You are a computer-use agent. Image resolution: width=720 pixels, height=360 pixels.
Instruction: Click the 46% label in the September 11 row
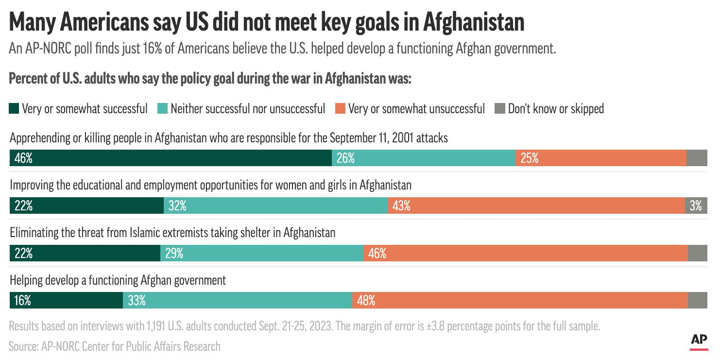(x=23, y=158)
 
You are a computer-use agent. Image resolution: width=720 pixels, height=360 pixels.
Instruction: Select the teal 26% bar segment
(x=423, y=158)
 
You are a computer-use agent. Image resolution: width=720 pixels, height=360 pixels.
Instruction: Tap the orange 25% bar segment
(x=600, y=158)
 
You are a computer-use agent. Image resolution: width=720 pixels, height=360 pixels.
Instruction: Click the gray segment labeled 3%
(x=696, y=206)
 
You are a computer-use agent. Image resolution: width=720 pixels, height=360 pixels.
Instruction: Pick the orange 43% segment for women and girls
(x=536, y=206)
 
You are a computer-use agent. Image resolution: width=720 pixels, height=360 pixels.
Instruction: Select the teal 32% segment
(x=275, y=206)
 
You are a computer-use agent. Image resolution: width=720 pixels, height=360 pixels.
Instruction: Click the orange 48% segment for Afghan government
(x=520, y=300)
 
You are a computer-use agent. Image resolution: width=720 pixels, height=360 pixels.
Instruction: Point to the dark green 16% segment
(x=66, y=300)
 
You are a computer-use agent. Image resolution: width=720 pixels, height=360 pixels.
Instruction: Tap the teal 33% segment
(x=238, y=300)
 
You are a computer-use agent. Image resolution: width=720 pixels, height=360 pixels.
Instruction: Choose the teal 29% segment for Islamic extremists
(x=261, y=253)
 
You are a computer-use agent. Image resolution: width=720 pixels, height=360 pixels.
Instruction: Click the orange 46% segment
(x=525, y=253)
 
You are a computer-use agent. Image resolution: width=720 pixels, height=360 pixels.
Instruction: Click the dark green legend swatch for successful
(x=14, y=108)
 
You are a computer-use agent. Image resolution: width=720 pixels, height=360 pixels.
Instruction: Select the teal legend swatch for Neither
(x=162, y=108)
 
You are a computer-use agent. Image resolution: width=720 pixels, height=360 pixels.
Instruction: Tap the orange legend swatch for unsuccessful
(x=340, y=108)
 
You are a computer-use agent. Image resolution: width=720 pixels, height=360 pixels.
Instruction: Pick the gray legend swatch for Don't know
(x=499, y=108)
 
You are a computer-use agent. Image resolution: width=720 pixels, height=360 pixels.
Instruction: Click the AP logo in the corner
(x=699, y=342)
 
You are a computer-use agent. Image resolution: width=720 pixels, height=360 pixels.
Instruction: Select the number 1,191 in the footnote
(x=159, y=326)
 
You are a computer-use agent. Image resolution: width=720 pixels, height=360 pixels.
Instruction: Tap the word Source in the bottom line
(x=23, y=346)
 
